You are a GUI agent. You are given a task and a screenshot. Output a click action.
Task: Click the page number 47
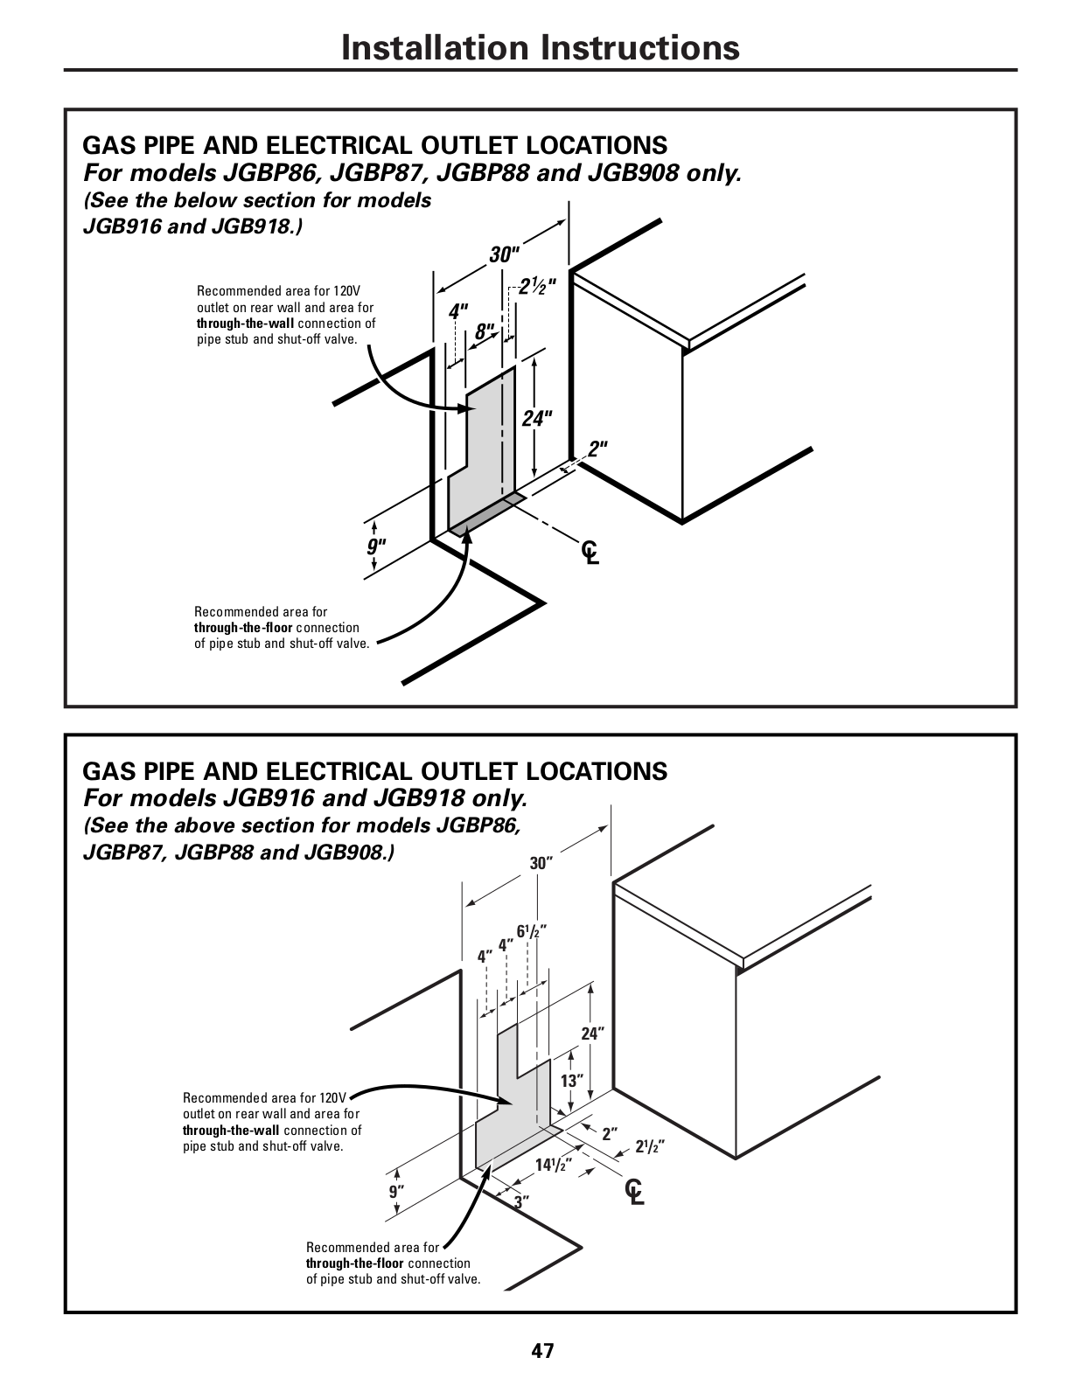(x=542, y=1351)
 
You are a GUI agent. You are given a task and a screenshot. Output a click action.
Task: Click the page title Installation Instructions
(x=541, y=47)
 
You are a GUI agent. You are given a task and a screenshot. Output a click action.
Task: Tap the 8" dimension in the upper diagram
(x=485, y=331)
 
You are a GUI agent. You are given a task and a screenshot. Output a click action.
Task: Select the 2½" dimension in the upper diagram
(x=537, y=285)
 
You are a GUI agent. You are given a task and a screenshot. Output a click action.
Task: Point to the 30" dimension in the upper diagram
(x=505, y=254)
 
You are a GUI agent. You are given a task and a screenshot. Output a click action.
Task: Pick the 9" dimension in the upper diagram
(x=376, y=546)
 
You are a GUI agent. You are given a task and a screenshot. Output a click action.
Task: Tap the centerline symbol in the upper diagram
(x=590, y=552)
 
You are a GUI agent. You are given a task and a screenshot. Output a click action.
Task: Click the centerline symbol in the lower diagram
(x=635, y=1191)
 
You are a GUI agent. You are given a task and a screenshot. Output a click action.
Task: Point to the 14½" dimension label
(x=554, y=1165)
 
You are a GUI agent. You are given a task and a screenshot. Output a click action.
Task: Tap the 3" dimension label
(x=522, y=1202)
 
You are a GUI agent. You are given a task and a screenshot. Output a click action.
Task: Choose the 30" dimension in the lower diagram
(x=541, y=864)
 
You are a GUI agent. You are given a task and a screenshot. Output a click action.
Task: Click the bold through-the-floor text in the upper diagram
(x=243, y=628)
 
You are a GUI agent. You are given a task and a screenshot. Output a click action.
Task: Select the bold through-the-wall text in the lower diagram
(x=231, y=1131)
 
